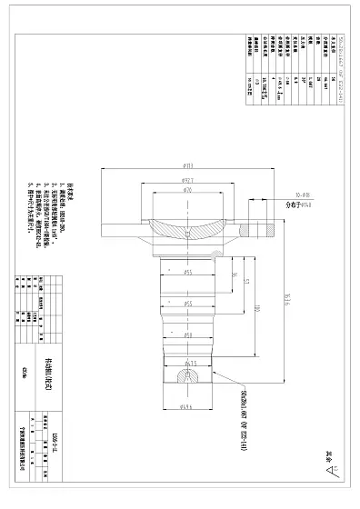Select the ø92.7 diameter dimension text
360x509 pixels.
pyautogui.click(x=188, y=182)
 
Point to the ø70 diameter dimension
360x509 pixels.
pyautogui.click(x=188, y=193)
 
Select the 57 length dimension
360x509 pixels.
pyautogui.click(x=245, y=283)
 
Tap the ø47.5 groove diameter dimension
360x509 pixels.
pyautogui.click(x=189, y=363)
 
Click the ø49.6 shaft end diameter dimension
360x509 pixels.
pyautogui.click(x=188, y=406)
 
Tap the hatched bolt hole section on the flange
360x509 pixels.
pyautogui.click(x=263, y=229)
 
